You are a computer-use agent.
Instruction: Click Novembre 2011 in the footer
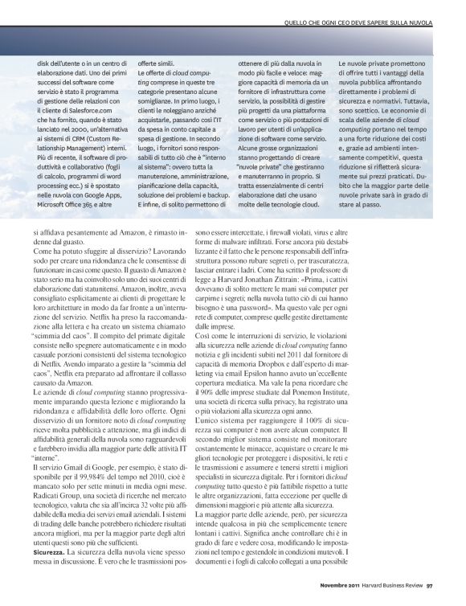[x=336, y=596]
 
